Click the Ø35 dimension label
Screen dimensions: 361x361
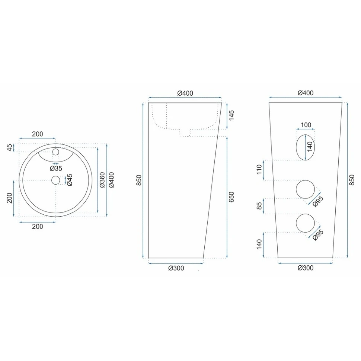56,168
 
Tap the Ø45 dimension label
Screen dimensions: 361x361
69,180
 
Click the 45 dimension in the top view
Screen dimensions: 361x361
10,148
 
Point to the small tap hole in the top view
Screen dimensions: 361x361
56,152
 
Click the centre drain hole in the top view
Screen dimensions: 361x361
56,180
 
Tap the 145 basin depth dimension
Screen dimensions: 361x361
231,115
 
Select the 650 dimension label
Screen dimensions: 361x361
231,197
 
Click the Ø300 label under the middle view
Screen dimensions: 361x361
176,268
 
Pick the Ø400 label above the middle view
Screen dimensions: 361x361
185,93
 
